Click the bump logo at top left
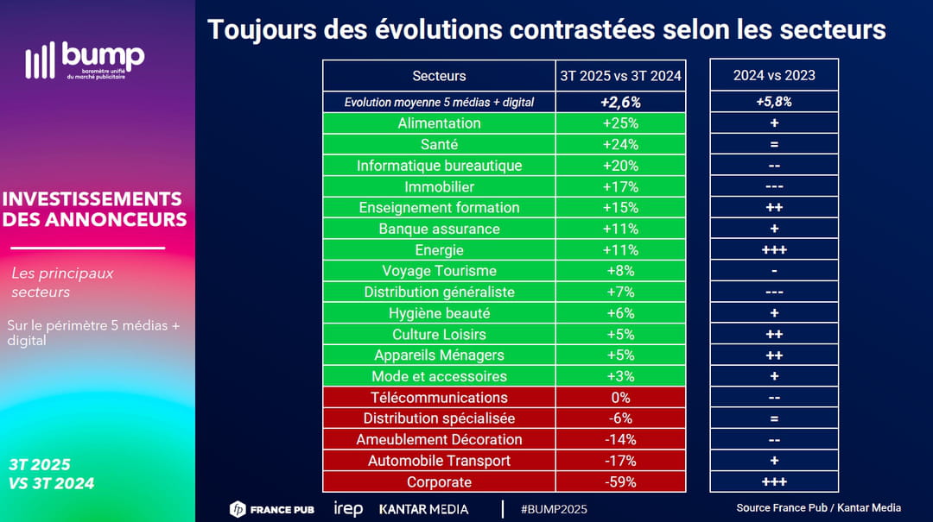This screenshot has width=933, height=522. pyautogui.click(x=85, y=60)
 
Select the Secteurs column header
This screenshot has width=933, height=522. pyautogui.click(x=439, y=76)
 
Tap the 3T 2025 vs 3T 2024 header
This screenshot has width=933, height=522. pyautogui.click(x=620, y=76)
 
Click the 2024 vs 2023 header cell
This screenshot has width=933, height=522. pyautogui.click(x=774, y=76)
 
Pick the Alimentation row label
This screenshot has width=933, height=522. pyautogui.click(x=439, y=123)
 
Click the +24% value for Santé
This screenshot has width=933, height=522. pyautogui.click(x=620, y=144)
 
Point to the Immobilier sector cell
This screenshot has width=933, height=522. pyautogui.click(x=439, y=186)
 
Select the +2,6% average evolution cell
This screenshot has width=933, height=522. pyautogui.click(x=620, y=102)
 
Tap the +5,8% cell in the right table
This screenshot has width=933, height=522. pyautogui.click(x=774, y=102)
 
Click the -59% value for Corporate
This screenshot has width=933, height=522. pyautogui.click(x=620, y=481)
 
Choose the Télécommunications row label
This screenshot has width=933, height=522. pyautogui.click(x=439, y=397)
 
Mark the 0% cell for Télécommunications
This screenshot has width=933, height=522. pyautogui.click(x=620, y=397)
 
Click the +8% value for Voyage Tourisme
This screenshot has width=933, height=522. pyautogui.click(x=620, y=271)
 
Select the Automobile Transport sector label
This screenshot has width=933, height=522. pyautogui.click(x=439, y=461)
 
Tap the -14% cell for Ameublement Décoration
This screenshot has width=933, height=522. pyautogui.click(x=620, y=439)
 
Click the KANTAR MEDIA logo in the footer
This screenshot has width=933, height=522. pyautogui.click(x=423, y=509)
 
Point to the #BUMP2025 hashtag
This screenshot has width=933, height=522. pyautogui.click(x=554, y=509)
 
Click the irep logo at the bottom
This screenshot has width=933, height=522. pyautogui.click(x=348, y=509)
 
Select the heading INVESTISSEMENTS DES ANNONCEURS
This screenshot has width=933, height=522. pyautogui.click(x=94, y=209)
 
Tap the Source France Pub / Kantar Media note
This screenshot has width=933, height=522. pyautogui.click(x=818, y=507)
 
